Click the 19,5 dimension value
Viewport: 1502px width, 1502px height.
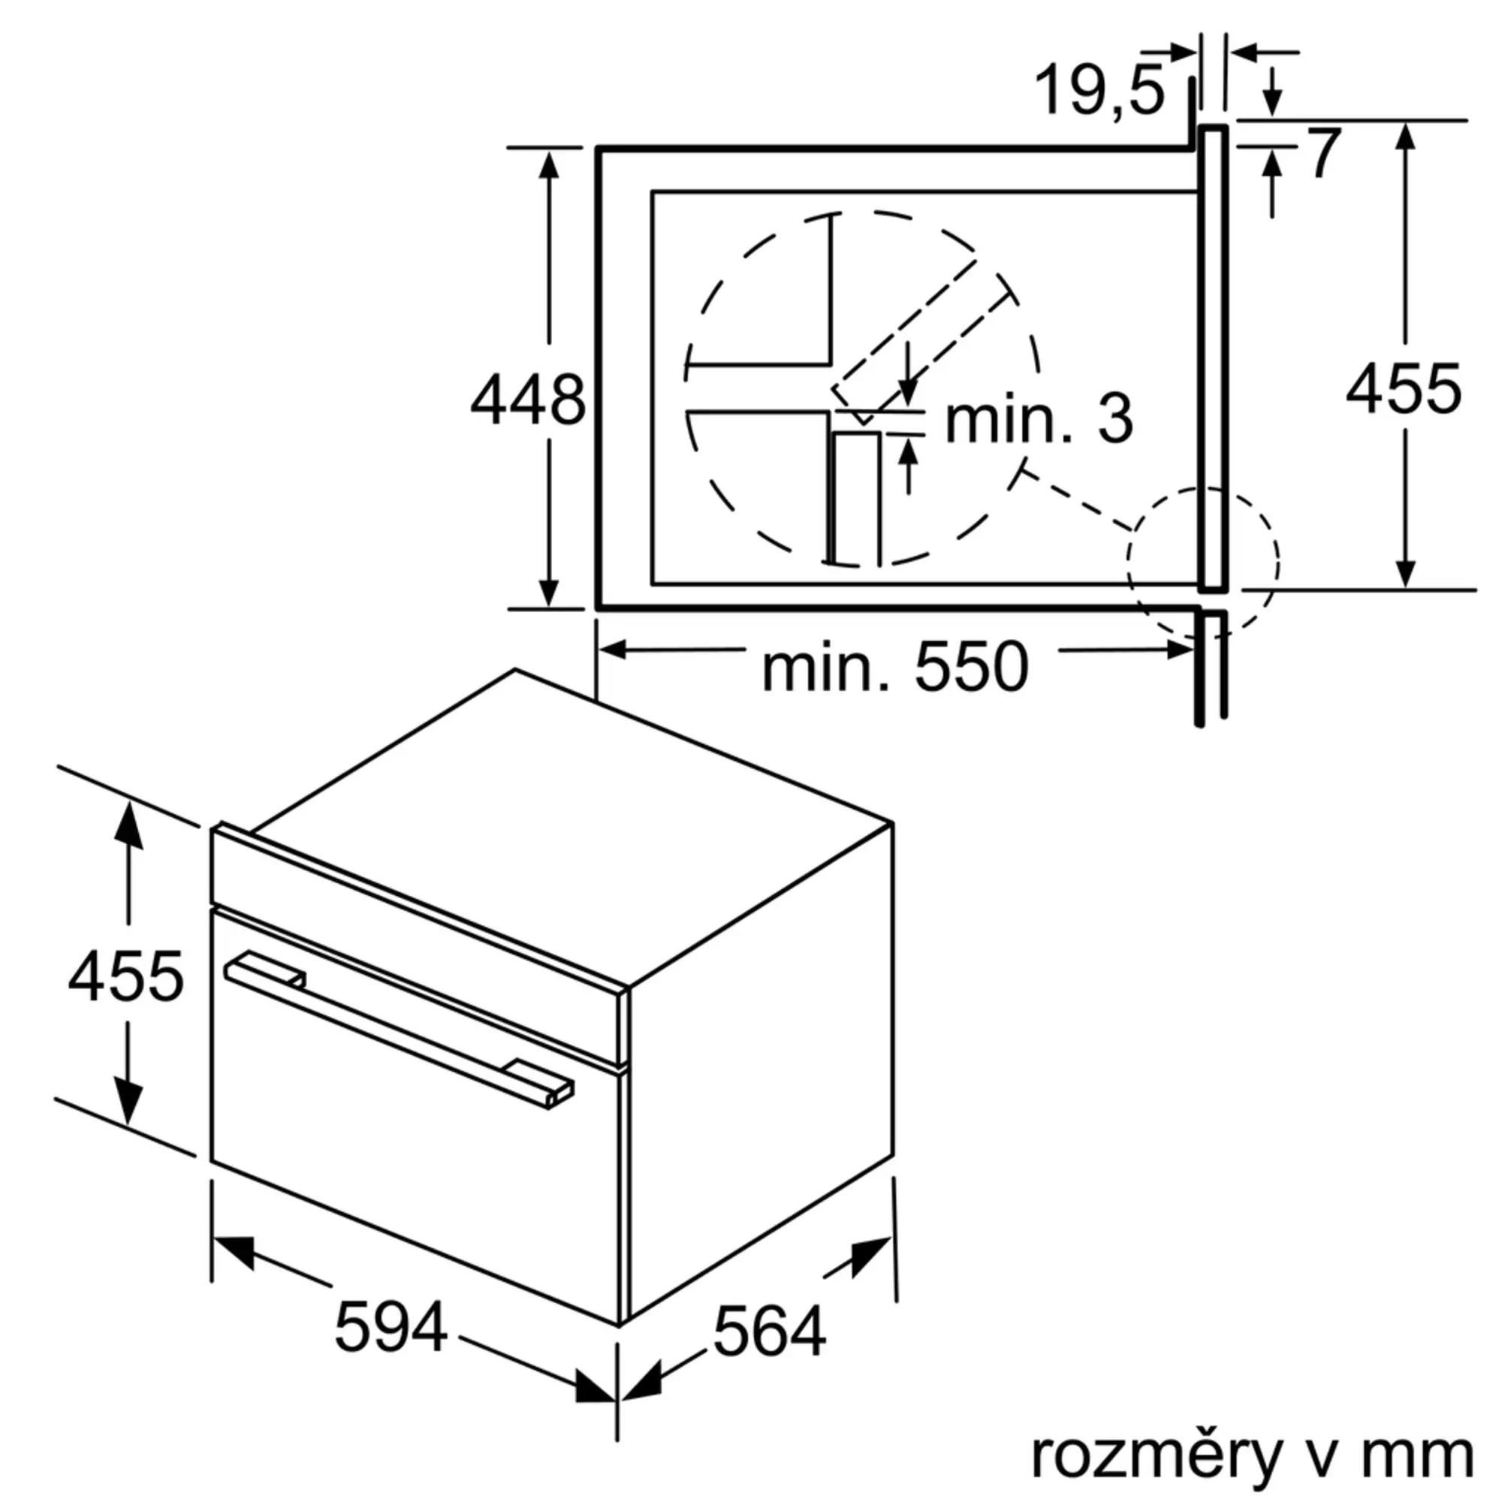pyautogui.click(x=1100, y=92)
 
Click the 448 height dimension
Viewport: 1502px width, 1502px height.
pyautogui.click(x=528, y=400)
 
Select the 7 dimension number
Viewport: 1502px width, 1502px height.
pyautogui.click(x=1326, y=153)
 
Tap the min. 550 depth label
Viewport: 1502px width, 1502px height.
pyautogui.click(x=896, y=667)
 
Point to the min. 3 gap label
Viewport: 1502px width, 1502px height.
pyautogui.click(x=1039, y=419)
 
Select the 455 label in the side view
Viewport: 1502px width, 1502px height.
pyautogui.click(x=1404, y=388)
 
